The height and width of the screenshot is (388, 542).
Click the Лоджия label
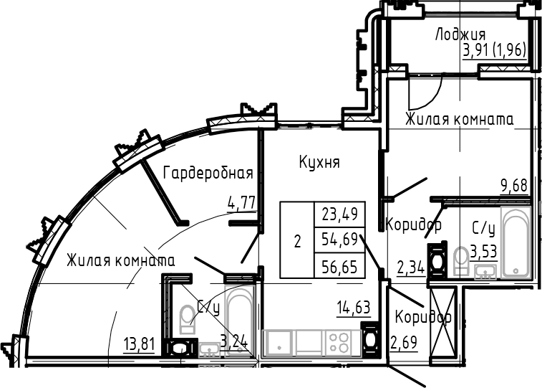tap(460, 34)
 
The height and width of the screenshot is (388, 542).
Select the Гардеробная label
tap(208, 172)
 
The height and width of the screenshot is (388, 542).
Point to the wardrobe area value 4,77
tap(241, 203)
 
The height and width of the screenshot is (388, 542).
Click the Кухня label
tap(319, 162)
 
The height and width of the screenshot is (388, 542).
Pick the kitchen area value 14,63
tap(353, 308)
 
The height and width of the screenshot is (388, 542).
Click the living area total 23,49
tap(340, 212)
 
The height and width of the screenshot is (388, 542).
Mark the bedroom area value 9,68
tap(514, 186)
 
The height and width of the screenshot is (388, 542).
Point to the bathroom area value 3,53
tap(483, 252)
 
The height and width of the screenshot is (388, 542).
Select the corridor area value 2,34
tap(410, 268)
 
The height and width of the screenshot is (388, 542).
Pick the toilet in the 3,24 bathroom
tap(188, 321)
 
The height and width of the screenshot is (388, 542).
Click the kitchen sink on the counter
tap(276, 342)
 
